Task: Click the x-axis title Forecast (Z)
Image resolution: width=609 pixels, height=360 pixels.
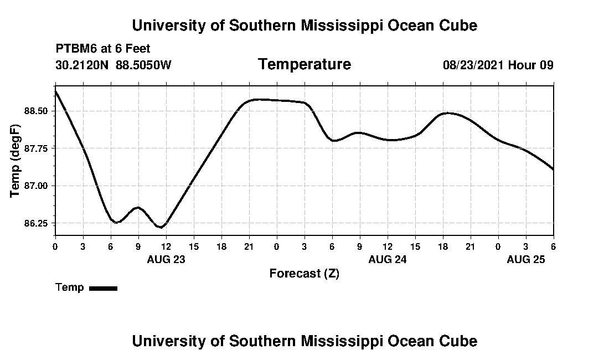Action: (x=304, y=274)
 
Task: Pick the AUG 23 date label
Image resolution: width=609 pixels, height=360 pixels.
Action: (x=166, y=259)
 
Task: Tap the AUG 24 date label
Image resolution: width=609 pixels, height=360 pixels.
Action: (x=388, y=259)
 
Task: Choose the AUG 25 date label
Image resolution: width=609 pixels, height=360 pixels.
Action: (x=526, y=259)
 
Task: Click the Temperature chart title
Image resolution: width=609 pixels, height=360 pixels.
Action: (x=304, y=65)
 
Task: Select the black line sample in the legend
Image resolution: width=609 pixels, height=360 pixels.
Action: (x=103, y=288)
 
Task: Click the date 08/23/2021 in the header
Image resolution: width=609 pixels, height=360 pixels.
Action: (x=473, y=65)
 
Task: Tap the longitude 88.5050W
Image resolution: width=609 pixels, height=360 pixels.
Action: (x=144, y=65)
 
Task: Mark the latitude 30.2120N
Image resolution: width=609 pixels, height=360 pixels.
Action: (x=83, y=65)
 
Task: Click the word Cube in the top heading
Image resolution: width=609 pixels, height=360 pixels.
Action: (x=458, y=25)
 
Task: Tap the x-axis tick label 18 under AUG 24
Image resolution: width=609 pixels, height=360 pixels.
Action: (x=443, y=246)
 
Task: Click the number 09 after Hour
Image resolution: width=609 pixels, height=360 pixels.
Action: (x=546, y=65)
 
